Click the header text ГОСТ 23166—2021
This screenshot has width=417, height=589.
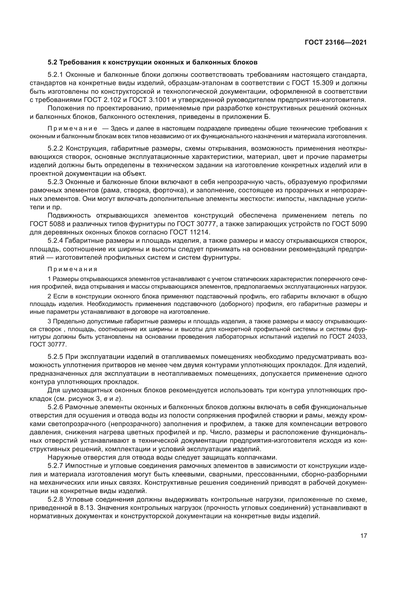[x=336, y=43]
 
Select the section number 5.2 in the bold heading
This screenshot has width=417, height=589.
[x=52, y=62]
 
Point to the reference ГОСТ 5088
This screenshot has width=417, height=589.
[x=47, y=224]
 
